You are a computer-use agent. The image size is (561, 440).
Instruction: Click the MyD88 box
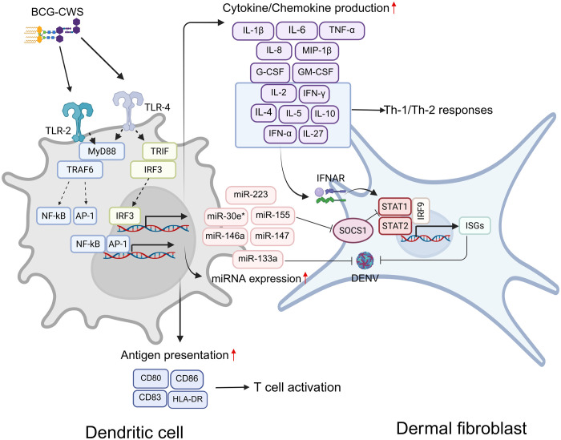point(102,151)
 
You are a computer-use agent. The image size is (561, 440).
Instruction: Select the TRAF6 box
point(80,170)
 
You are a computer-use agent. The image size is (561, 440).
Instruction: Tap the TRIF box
point(159,151)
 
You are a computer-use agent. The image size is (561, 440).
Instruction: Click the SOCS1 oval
point(353,230)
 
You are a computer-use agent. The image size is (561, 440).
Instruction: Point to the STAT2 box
point(394,226)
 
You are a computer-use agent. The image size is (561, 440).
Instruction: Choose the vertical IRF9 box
point(421,211)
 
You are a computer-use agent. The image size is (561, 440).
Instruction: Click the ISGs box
point(474,226)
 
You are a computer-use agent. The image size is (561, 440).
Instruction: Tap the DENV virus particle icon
point(365,260)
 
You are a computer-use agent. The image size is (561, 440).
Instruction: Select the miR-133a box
point(257,260)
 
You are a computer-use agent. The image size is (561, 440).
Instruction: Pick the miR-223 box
point(251,195)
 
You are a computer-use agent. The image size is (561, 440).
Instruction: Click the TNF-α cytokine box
point(342,30)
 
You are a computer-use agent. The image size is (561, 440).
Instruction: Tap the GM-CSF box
point(316,72)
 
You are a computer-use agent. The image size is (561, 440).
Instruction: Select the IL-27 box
point(313,135)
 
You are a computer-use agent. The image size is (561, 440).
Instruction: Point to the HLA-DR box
point(188,399)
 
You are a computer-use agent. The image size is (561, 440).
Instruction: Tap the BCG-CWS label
point(57,12)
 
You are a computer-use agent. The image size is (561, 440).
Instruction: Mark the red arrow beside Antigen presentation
point(234,355)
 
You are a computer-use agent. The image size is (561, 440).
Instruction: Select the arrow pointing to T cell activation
point(232,387)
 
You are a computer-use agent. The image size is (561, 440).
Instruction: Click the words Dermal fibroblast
point(461,428)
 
